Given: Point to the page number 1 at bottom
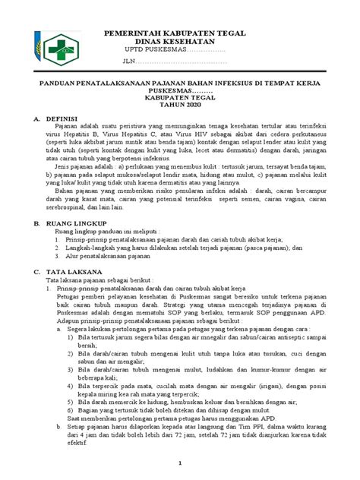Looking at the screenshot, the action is [x=180, y=462].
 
